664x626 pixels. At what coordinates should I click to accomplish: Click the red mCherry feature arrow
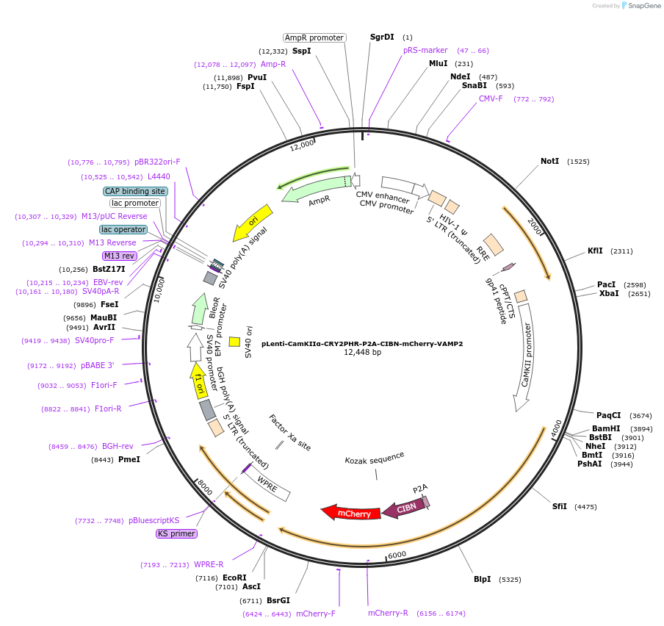tap(351, 513)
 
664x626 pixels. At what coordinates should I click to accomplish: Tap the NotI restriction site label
tap(549, 161)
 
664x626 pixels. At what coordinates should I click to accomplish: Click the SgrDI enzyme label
tap(382, 37)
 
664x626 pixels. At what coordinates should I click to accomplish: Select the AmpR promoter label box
tap(314, 37)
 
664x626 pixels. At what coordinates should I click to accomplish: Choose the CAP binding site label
tap(136, 191)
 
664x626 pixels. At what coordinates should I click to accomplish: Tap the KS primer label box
tap(176, 533)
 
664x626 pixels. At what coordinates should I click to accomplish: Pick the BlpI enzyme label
tap(482, 579)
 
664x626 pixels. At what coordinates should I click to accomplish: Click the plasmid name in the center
tap(362, 343)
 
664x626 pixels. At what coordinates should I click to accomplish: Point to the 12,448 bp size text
tap(362, 353)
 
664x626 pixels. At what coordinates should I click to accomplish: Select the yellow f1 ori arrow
tap(198, 380)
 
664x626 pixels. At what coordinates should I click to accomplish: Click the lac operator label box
tap(123, 229)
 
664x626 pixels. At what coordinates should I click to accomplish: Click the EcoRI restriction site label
tap(234, 578)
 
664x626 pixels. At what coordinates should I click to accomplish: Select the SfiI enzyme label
tap(560, 506)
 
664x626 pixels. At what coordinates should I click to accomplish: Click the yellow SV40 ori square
tap(234, 341)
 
